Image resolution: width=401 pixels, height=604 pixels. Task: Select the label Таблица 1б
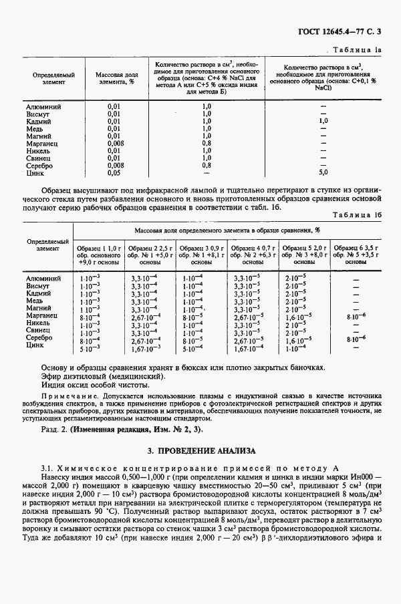(358, 216)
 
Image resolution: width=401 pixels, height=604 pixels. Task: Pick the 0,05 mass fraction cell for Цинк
(114, 172)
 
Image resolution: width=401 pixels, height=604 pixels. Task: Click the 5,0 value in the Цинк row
(323, 172)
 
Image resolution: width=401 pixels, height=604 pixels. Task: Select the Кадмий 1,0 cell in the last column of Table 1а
(323, 122)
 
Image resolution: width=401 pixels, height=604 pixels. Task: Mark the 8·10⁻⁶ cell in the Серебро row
(356, 339)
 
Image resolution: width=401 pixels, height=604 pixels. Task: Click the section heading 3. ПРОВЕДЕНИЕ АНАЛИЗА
(200, 452)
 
